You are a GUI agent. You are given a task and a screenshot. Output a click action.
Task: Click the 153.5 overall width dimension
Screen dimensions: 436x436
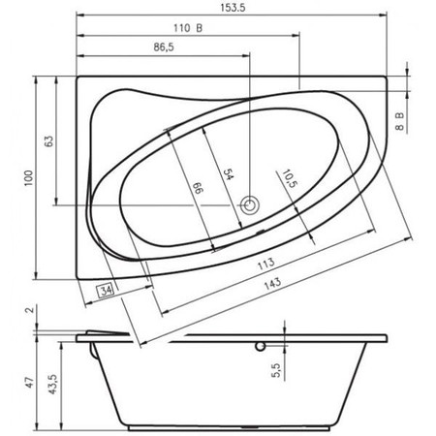coord(233,8)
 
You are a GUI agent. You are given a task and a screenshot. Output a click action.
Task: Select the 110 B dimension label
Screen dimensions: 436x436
coord(188,28)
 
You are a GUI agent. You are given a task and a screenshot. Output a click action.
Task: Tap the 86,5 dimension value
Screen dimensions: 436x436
coord(164,47)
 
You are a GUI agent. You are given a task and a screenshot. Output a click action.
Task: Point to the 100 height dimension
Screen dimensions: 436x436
coord(29,178)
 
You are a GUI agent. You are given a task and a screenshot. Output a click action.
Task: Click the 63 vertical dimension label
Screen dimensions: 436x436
coord(48,141)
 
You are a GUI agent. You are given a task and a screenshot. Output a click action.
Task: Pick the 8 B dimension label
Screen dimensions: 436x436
coord(400,121)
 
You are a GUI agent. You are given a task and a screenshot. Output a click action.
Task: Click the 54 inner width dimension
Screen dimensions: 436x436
coord(229,174)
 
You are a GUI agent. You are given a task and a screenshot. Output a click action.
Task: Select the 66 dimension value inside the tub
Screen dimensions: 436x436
coord(199,188)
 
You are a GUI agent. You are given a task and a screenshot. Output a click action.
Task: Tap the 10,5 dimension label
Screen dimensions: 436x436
coord(290,179)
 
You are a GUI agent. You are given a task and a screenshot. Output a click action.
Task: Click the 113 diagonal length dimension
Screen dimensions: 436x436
coord(266,264)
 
